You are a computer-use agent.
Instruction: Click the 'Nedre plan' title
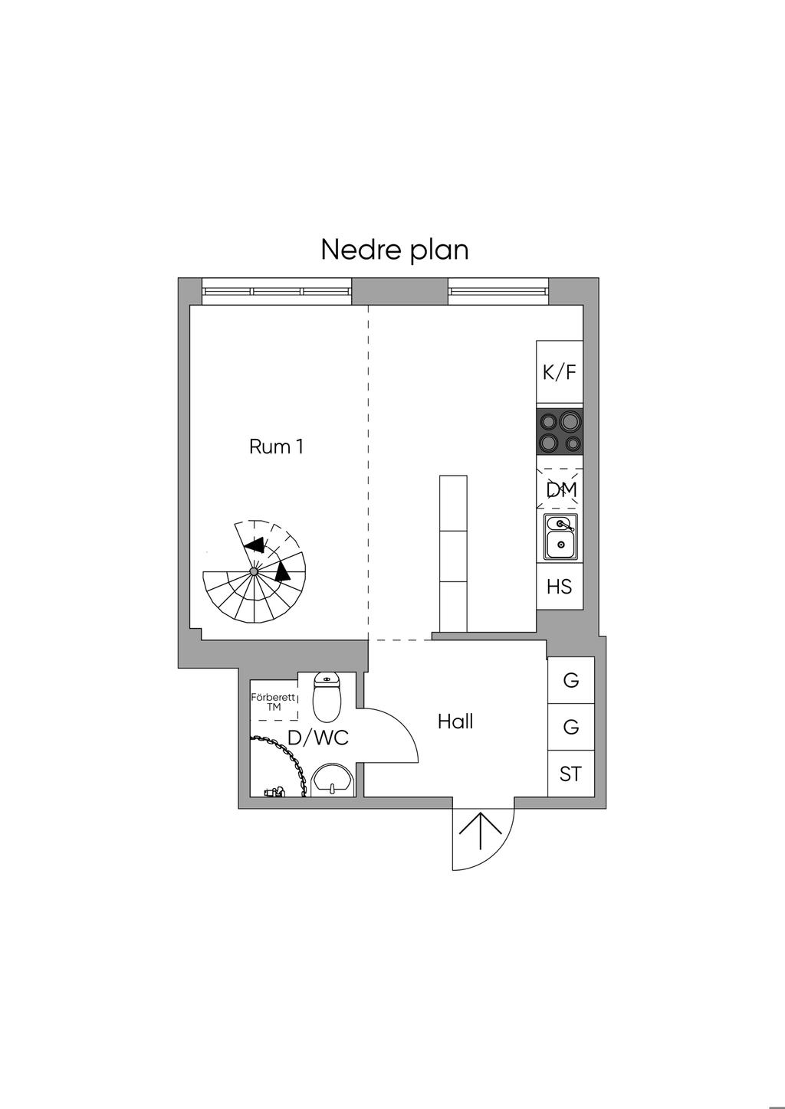coord(394,250)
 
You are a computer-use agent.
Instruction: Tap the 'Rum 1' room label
coord(276,447)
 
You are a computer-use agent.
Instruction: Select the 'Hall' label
coord(455,721)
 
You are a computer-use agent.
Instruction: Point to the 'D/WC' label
coord(317,738)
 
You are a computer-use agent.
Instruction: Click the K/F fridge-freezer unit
coord(560,373)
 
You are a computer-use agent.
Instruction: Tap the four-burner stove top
coord(560,432)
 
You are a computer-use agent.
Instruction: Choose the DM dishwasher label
coord(561,489)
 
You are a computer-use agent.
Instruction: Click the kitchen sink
coord(560,536)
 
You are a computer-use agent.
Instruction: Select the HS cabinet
coord(560,587)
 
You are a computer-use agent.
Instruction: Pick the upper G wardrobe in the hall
coord(571,680)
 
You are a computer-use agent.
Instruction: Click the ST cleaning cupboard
coord(570,774)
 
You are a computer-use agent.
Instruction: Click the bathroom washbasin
coord(332,780)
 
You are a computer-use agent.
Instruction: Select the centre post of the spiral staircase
coord(253,571)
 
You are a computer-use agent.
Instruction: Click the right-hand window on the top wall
coord(498,292)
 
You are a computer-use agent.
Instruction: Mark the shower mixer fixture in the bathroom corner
coord(273,792)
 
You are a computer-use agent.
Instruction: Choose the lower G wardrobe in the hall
coord(571,727)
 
